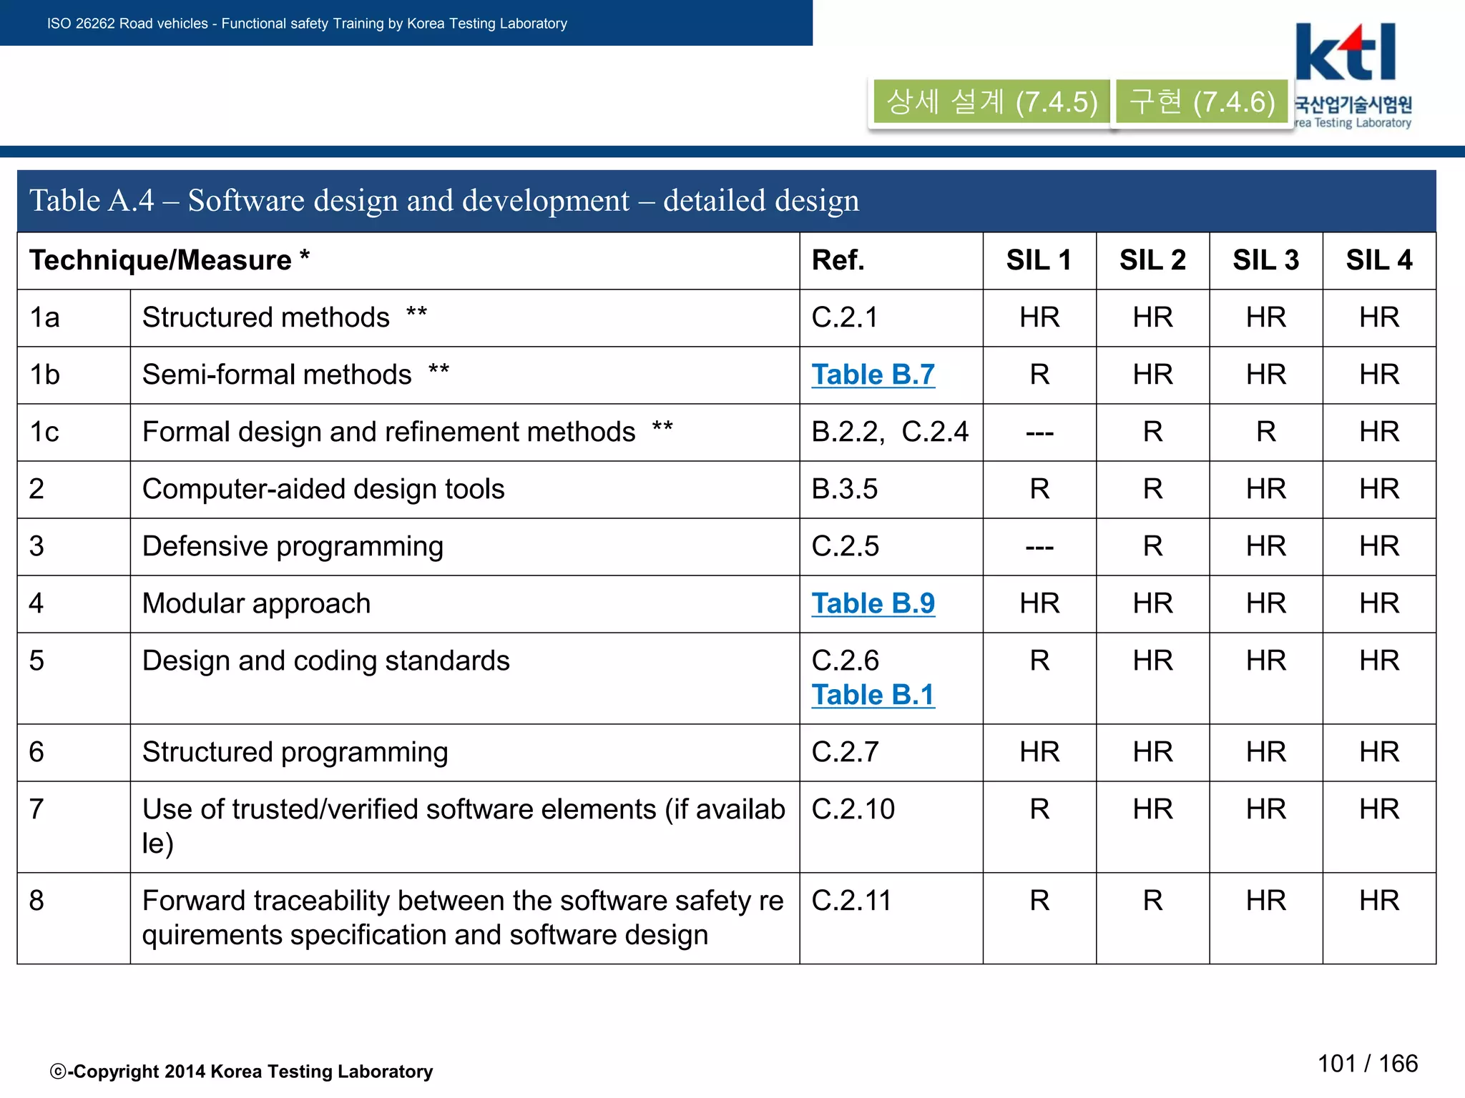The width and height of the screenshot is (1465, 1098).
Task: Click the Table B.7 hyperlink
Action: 873,375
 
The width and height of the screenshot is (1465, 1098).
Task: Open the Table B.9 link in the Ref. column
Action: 873,603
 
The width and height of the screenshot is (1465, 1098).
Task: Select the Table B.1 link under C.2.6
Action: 873,695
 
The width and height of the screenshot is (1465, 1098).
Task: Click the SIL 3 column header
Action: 1265,260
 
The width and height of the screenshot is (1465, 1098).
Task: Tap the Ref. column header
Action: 838,260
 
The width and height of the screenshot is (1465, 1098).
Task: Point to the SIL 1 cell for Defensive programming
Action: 1039,548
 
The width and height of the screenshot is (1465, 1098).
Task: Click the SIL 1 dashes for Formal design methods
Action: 1039,433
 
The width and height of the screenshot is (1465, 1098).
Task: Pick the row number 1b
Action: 45,375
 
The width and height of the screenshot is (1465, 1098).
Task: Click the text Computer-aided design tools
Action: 323,489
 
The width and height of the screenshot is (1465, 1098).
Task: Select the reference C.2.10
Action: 853,809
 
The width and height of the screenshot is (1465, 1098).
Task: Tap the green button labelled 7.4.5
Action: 991,102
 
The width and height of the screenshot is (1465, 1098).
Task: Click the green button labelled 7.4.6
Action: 1202,102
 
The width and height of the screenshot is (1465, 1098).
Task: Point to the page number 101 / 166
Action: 1367,1064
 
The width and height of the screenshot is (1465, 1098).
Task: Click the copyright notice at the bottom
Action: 241,1071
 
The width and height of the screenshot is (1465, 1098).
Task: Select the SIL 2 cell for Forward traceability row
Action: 1152,901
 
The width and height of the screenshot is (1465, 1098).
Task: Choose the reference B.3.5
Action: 844,489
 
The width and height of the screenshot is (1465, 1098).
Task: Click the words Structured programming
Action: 295,752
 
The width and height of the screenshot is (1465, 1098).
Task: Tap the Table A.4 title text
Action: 444,200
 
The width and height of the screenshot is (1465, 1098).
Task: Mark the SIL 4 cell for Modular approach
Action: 1378,603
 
